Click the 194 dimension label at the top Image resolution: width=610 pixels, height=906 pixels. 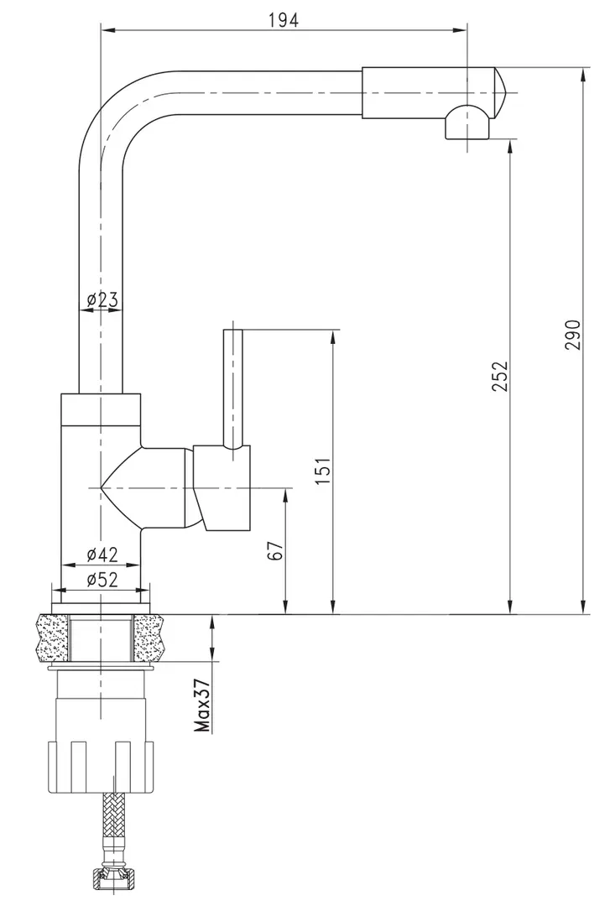(284, 21)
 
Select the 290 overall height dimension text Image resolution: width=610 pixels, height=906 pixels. (572, 336)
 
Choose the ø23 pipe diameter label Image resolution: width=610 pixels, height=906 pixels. (102, 299)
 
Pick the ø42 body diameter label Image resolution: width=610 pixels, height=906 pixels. (102, 554)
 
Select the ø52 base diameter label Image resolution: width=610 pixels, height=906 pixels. (102, 579)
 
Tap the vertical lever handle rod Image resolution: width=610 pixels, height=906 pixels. (232, 386)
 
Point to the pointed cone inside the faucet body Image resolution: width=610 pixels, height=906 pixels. (117, 487)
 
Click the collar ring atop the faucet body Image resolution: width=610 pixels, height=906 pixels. (102, 409)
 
